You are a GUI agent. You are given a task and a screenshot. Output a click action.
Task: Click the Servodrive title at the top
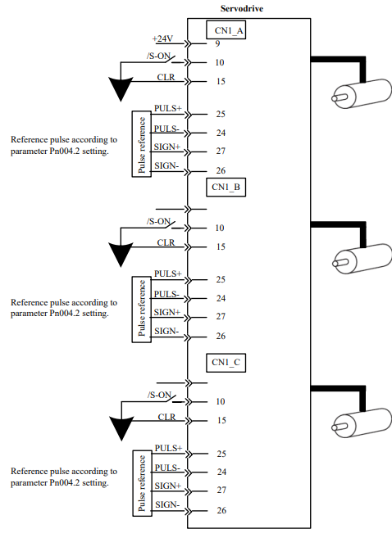click(242, 8)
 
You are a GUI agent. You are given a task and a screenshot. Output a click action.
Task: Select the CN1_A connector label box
click(226, 29)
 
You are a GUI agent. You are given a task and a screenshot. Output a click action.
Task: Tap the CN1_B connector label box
click(226, 187)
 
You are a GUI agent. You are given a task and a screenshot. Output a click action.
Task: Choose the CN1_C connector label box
click(226, 363)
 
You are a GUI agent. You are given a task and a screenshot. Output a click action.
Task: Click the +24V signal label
click(162, 38)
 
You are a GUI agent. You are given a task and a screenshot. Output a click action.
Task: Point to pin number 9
click(217, 43)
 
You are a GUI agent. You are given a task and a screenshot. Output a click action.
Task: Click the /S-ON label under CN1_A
click(159, 56)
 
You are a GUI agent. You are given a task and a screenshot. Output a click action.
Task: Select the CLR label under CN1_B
click(166, 242)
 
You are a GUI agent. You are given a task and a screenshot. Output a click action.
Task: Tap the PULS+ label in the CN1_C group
click(168, 448)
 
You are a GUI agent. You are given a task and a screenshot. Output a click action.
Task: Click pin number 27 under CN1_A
click(221, 151)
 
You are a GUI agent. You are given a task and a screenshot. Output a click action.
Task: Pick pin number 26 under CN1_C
click(221, 510)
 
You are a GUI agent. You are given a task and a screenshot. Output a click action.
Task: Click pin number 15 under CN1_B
click(221, 246)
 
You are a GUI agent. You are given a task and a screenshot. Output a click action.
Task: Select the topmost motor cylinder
click(362, 93)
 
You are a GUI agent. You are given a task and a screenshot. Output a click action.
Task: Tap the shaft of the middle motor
click(340, 263)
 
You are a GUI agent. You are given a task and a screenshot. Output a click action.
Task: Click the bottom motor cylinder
click(362, 423)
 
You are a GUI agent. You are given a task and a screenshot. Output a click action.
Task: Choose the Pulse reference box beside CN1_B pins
click(142, 310)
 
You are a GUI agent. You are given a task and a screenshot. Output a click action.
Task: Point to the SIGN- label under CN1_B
click(166, 331)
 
